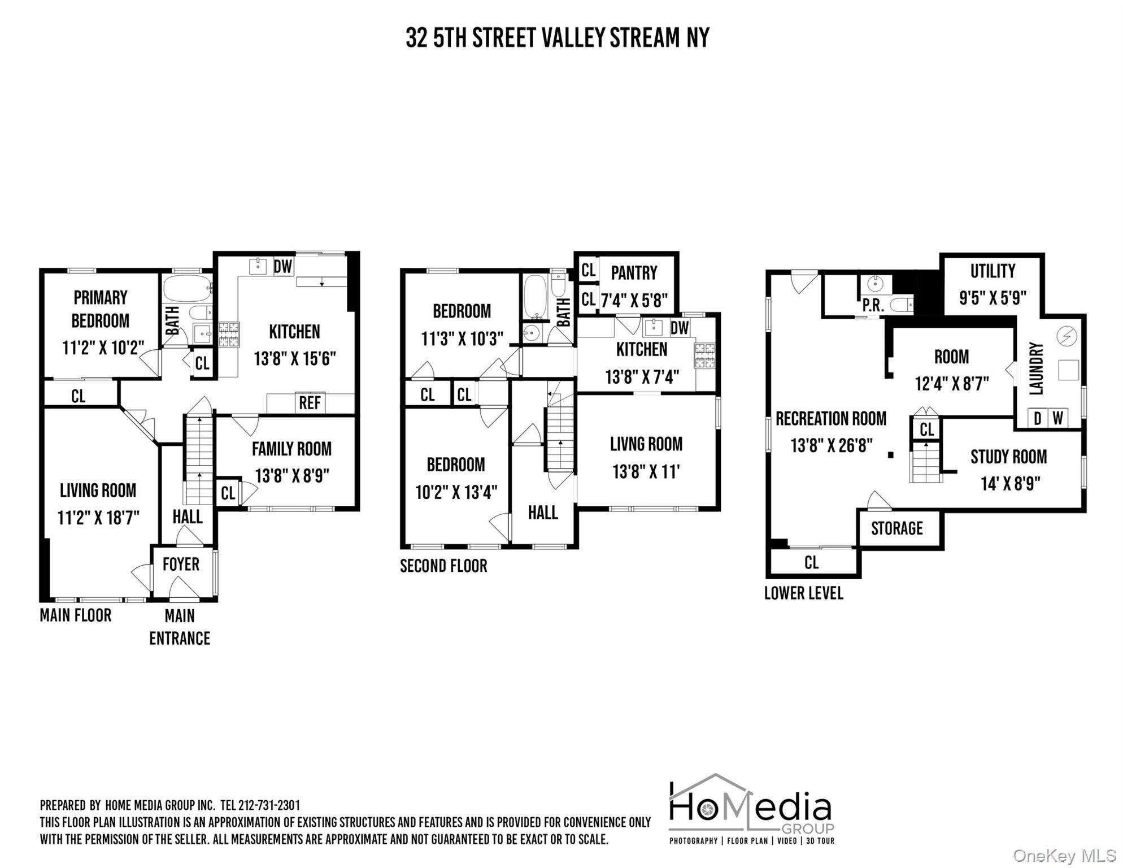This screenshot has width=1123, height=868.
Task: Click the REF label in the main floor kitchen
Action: pyautogui.click(x=310, y=403)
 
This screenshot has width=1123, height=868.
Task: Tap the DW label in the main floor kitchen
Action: pyautogui.click(x=282, y=266)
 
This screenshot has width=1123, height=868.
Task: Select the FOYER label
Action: pyautogui.click(x=181, y=564)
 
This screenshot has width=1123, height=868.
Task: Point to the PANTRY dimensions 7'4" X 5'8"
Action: pyautogui.click(x=634, y=300)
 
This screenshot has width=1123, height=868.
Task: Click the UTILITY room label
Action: pyautogui.click(x=993, y=271)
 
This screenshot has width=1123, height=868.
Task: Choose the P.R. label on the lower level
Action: pyautogui.click(x=873, y=306)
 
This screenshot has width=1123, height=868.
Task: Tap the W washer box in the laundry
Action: pyautogui.click(x=1057, y=418)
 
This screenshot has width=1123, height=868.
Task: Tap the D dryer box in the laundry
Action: pyautogui.click(x=1037, y=418)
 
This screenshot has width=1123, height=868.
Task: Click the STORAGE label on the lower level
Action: pyautogui.click(x=896, y=528)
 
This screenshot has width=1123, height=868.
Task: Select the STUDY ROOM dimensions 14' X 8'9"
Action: pyautogui.click(x=1010, y=484)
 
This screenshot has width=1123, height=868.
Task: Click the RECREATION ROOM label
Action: pyautogui.click(x=831, y=419)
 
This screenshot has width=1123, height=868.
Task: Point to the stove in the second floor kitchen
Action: pyautogui.click(x=704, y=356)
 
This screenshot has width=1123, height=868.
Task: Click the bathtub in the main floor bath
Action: pyautogui.click(x=187, y=289)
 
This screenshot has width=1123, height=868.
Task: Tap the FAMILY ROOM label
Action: pyautogui.click(x=291, y=449)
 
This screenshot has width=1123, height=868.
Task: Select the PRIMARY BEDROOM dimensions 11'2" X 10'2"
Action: pyautogui.click(x=103, y=347)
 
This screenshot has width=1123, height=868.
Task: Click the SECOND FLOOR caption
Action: pyautogui.click(x=443, y=566)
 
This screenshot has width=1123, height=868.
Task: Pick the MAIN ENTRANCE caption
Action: pyautogui.click(x=180, y=627)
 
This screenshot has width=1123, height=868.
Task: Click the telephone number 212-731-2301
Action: pyautogui.click(x=269, y=805)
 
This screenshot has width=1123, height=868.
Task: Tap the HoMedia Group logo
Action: pyautogui.click(x=751, y=809)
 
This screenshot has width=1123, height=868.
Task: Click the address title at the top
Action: pyautogui.click(x=557, y=38)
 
